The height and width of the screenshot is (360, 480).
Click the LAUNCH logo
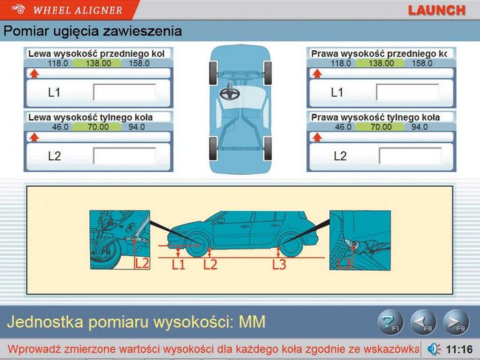click(436, 10)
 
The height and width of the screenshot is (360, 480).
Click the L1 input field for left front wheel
click(124, 92)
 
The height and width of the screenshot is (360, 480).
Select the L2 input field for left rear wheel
click(124, 156)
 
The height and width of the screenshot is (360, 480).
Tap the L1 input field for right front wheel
click(407, 92)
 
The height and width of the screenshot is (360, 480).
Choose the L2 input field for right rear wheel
click(410, 156)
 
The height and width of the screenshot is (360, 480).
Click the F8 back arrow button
click(423, 322)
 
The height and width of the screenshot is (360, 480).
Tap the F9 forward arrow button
click(456, 322)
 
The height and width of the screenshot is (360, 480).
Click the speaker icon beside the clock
click(433, 349)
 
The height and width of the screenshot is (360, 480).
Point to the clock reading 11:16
click(459, 349)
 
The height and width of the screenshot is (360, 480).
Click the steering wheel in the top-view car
click(230, 93)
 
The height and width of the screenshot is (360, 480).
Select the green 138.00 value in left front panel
click(98, 63)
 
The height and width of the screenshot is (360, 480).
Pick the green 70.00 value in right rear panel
click(381, 127)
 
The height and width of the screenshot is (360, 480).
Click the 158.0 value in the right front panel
click(422, 63)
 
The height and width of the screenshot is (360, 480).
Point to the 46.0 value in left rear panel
click(60, 127)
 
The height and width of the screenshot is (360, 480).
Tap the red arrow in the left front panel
click(34, 74)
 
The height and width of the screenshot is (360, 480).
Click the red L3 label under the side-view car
click(279, 265)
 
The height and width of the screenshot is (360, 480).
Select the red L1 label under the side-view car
click(178, 265)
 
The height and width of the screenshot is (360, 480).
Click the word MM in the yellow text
click(252, 322)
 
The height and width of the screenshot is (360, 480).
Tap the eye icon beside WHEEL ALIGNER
click(18, 9)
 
